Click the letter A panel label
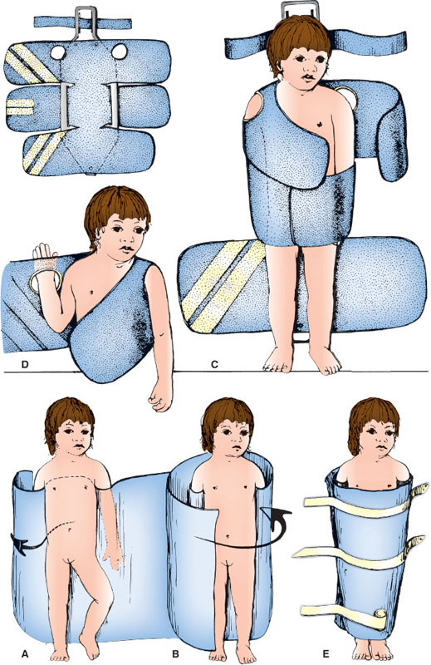pyautogui.click(x=25, y=653)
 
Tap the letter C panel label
pyautogui.click(x=214, y=364)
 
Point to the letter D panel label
pyautogui.click(x=19, y=364)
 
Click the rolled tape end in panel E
pyautogui.click(x=380, y=614)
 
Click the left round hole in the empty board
pyautogui.click(x=57, y=52)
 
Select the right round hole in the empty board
pyautogui.click(x=120, y=52)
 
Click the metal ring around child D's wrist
pyautogui.click(x=46, y=282)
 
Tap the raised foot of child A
pyautogui.click(x=90, y=638)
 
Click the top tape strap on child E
pyautogui.click(x=366, y=502)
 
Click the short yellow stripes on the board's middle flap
pyautogui.click(x=20, y=107)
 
